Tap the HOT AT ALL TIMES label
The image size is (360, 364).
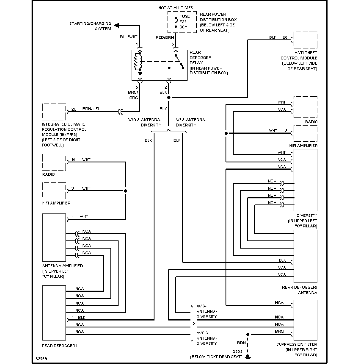[176, 8]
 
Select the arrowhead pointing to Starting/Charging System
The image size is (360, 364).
[117, 25]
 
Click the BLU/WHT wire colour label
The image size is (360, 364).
[128, 37]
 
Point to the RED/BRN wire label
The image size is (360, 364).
[165, 37]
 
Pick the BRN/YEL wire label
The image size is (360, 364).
[91, 109]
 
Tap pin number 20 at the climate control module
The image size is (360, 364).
[74, 109]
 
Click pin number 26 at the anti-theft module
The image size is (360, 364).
[285, 37]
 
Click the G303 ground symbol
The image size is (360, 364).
[248, 357]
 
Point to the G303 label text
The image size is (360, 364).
[237, 352]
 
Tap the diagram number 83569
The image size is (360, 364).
[41, 359]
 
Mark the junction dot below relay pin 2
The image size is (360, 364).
[169, 97]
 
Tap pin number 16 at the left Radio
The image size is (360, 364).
[73, 160]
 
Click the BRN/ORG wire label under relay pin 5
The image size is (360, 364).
[133, 95]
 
